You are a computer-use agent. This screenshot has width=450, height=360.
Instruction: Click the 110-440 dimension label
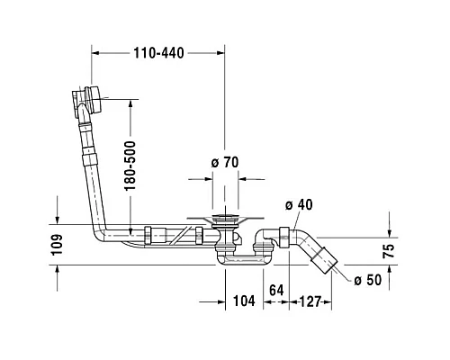click(158, 53)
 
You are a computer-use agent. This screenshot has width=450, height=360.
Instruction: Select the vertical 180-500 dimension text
click(130, 166)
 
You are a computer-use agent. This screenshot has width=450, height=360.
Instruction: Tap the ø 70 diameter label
click(225, 163)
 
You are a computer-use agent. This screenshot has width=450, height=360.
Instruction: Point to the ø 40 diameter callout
click(299, 205)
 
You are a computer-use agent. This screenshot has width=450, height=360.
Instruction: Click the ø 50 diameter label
click(368, 280)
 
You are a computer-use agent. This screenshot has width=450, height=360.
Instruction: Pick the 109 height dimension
click(57, 245)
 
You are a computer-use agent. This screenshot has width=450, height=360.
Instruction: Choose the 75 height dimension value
click(389, 251)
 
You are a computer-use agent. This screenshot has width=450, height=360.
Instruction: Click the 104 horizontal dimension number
click(244, 301)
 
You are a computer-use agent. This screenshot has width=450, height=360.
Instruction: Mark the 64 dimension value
click(276, 290)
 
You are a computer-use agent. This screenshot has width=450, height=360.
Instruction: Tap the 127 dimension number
click(310, 301)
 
